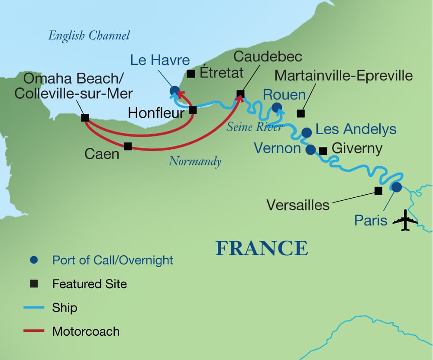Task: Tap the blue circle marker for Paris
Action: tap(396, 187)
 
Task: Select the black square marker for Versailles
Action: tap(378, 190)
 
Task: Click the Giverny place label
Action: tap(357, 149)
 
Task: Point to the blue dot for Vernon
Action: tap(310, 150)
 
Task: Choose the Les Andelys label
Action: tap(356, 129)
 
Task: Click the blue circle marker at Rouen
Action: tap(276, 107)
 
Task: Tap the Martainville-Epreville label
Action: tap(344, 76)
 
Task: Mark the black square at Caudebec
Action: tap(241, 93)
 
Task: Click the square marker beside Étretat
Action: tap(191, 74)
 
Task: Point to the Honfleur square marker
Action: tap(193, 110)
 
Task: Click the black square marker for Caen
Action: tap(128, 146)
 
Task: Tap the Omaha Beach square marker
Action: tap(85, 117)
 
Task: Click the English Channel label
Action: tap(89, 35)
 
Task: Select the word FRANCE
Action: tap(262, 248)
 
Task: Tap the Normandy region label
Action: tap(195, 161)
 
